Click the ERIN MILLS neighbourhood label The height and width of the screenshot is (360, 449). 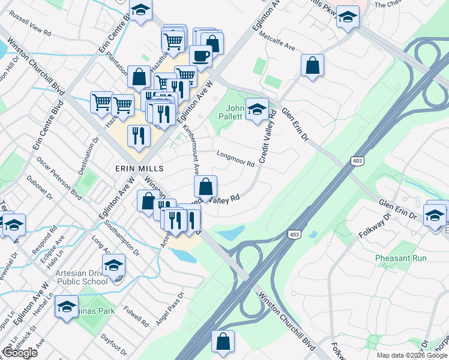pos(139,169)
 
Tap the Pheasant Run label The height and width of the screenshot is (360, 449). pos(401,258)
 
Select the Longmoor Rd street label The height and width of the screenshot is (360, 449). pos(235,158)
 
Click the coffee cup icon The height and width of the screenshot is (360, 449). pos(200,56)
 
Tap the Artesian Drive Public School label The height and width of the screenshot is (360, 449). pos(82,277)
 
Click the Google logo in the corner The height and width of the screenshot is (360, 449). pos(20,353)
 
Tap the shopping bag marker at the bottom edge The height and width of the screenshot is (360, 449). pos(223,341)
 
